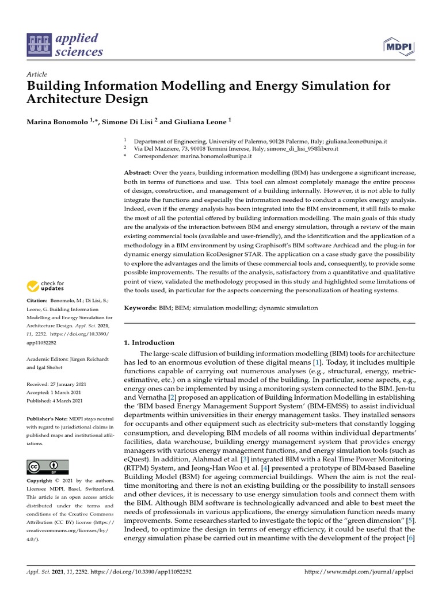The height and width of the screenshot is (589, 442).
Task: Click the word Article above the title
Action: point(37,75)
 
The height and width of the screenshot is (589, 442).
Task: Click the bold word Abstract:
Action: point(138,173)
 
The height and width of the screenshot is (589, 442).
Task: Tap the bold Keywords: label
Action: point(140,308)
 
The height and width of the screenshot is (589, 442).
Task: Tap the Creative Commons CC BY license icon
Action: point(48,466)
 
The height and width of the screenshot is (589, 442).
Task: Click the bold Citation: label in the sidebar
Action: point(39,301)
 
